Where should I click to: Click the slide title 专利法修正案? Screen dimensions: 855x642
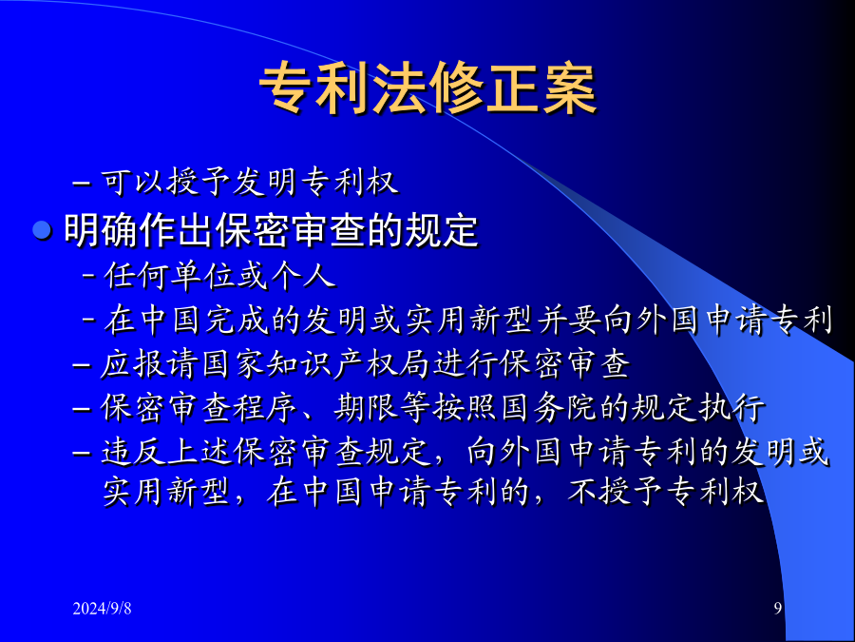coord(427,88)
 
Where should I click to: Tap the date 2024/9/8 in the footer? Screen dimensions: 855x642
coord(102,608)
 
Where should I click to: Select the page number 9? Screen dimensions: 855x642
coord(778,608)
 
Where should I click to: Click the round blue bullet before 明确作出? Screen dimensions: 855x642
coord(42,230)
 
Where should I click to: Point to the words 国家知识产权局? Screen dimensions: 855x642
coord(316,363)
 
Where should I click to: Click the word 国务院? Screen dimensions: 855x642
coord(549,407)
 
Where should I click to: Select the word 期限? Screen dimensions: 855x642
coord(367,407)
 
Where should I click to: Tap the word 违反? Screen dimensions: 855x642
coord(134,452)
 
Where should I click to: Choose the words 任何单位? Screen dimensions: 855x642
coord(170,275)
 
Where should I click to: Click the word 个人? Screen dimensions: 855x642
coord(302,275)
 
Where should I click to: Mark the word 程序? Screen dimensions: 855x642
coord(266,407)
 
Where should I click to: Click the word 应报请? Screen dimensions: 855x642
coord(150,363)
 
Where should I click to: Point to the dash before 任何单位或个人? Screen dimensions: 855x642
coord(89,275)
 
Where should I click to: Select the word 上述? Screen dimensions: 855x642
coord(200,452)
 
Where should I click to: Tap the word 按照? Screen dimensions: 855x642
coord(466,407)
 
